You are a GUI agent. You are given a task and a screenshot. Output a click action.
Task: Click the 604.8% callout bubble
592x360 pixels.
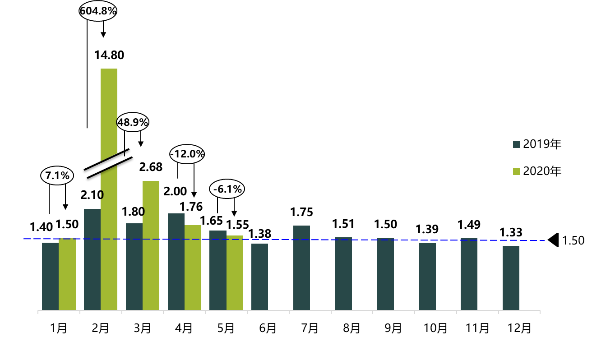pos(98,11)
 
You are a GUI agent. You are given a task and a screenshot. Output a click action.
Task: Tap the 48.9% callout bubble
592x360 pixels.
pos(133,122)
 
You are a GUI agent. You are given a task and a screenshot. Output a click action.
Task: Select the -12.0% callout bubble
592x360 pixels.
pos(187,154)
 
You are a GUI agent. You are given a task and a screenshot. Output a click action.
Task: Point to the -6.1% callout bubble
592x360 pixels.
pos(227,189)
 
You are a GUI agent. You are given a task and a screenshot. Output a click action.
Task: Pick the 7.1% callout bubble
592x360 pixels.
pos(57,175)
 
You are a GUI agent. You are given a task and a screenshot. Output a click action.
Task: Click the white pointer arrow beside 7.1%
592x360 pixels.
pos(101,167)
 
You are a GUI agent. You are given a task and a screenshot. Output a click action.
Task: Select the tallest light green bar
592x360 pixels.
pos(109,189)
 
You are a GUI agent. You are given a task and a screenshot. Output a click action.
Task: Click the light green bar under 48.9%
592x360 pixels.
pos(151,245)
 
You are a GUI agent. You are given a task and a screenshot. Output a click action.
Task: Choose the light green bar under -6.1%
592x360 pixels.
pos(235,272)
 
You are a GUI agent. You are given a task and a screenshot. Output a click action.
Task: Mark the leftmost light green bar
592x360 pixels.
pos(67,274)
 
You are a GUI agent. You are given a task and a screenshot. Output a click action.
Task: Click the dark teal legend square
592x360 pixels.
pos(516,144)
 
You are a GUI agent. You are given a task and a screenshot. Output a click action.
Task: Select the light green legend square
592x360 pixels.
pos(516,171)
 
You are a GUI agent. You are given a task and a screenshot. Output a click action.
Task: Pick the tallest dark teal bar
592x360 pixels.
pos(92,259)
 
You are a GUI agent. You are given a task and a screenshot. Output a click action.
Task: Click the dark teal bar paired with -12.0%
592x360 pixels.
pos(176,262)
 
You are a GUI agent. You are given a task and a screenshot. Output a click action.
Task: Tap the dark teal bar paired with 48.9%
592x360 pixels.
pos(134,267)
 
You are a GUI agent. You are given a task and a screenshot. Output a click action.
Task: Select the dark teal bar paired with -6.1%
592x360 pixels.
pos(218,270)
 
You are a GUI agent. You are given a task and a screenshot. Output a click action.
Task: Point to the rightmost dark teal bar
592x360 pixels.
pos(511,278)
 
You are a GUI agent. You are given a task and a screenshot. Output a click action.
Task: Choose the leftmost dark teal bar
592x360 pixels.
pos(50,276)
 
